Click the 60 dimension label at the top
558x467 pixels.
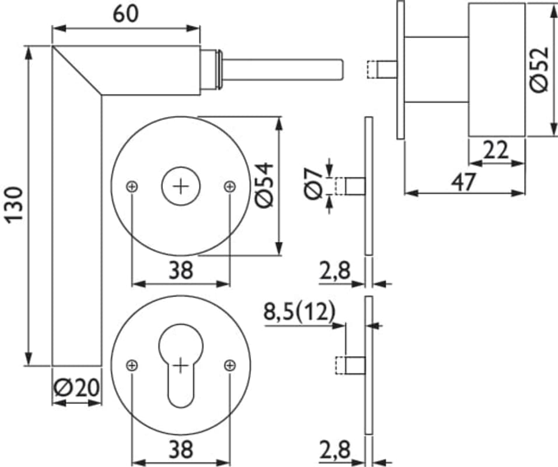pos(126,13)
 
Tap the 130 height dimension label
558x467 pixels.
pos(14,204)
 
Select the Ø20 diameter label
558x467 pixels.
pos(76,387)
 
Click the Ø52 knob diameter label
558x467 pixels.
pos(539,69)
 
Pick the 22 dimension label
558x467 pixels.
pos(496,151)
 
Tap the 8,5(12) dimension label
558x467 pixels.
pos(299,312)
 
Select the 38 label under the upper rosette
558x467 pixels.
pos(181,270)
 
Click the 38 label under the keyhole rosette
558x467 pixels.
pos(181,449)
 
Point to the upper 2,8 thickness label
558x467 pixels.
pos(335,270)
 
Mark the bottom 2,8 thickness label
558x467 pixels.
pos(335,450)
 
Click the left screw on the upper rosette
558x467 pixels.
pos(132,186)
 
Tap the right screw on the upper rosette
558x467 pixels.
pos(230,186)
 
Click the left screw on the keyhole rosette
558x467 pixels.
pos(132,365)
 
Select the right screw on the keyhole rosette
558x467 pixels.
pos(230,365)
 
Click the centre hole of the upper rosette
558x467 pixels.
pos(181,186)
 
